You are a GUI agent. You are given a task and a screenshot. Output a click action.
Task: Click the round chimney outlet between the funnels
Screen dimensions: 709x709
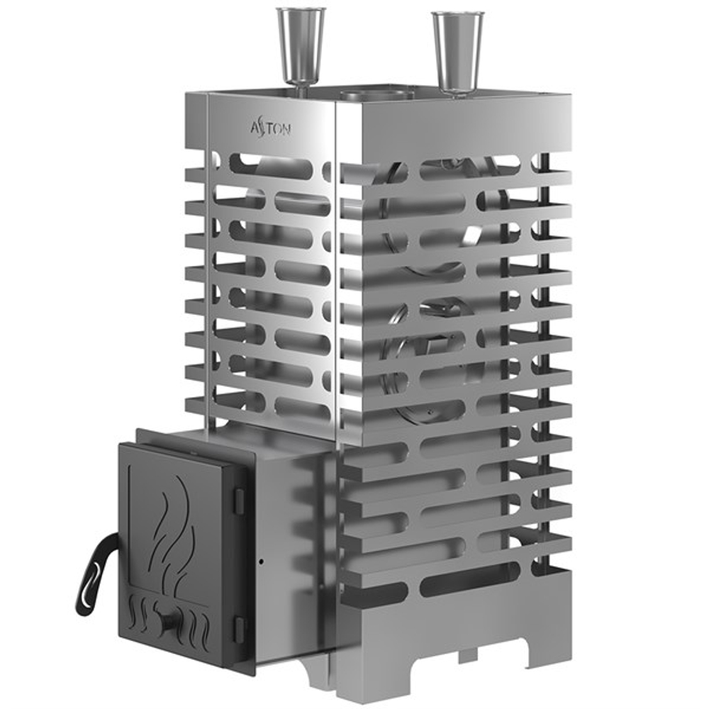(x=375, y=94)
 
